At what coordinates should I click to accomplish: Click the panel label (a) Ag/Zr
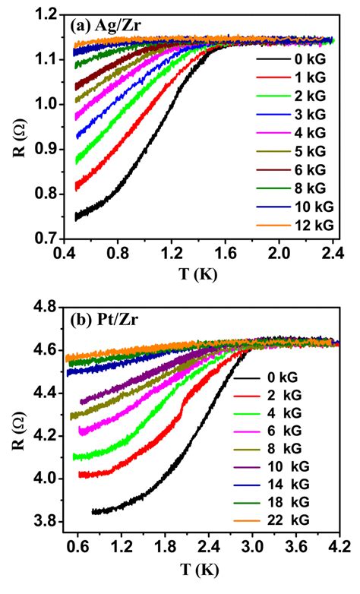(109, 25)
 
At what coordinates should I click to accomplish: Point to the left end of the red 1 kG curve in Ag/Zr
(76, 187)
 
